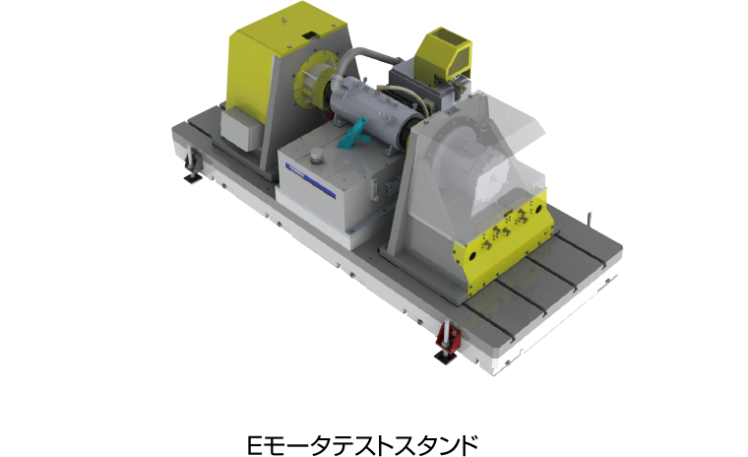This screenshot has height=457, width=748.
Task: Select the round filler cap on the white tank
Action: pos(316,156)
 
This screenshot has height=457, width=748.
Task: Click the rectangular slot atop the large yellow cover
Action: pos(311,34)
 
